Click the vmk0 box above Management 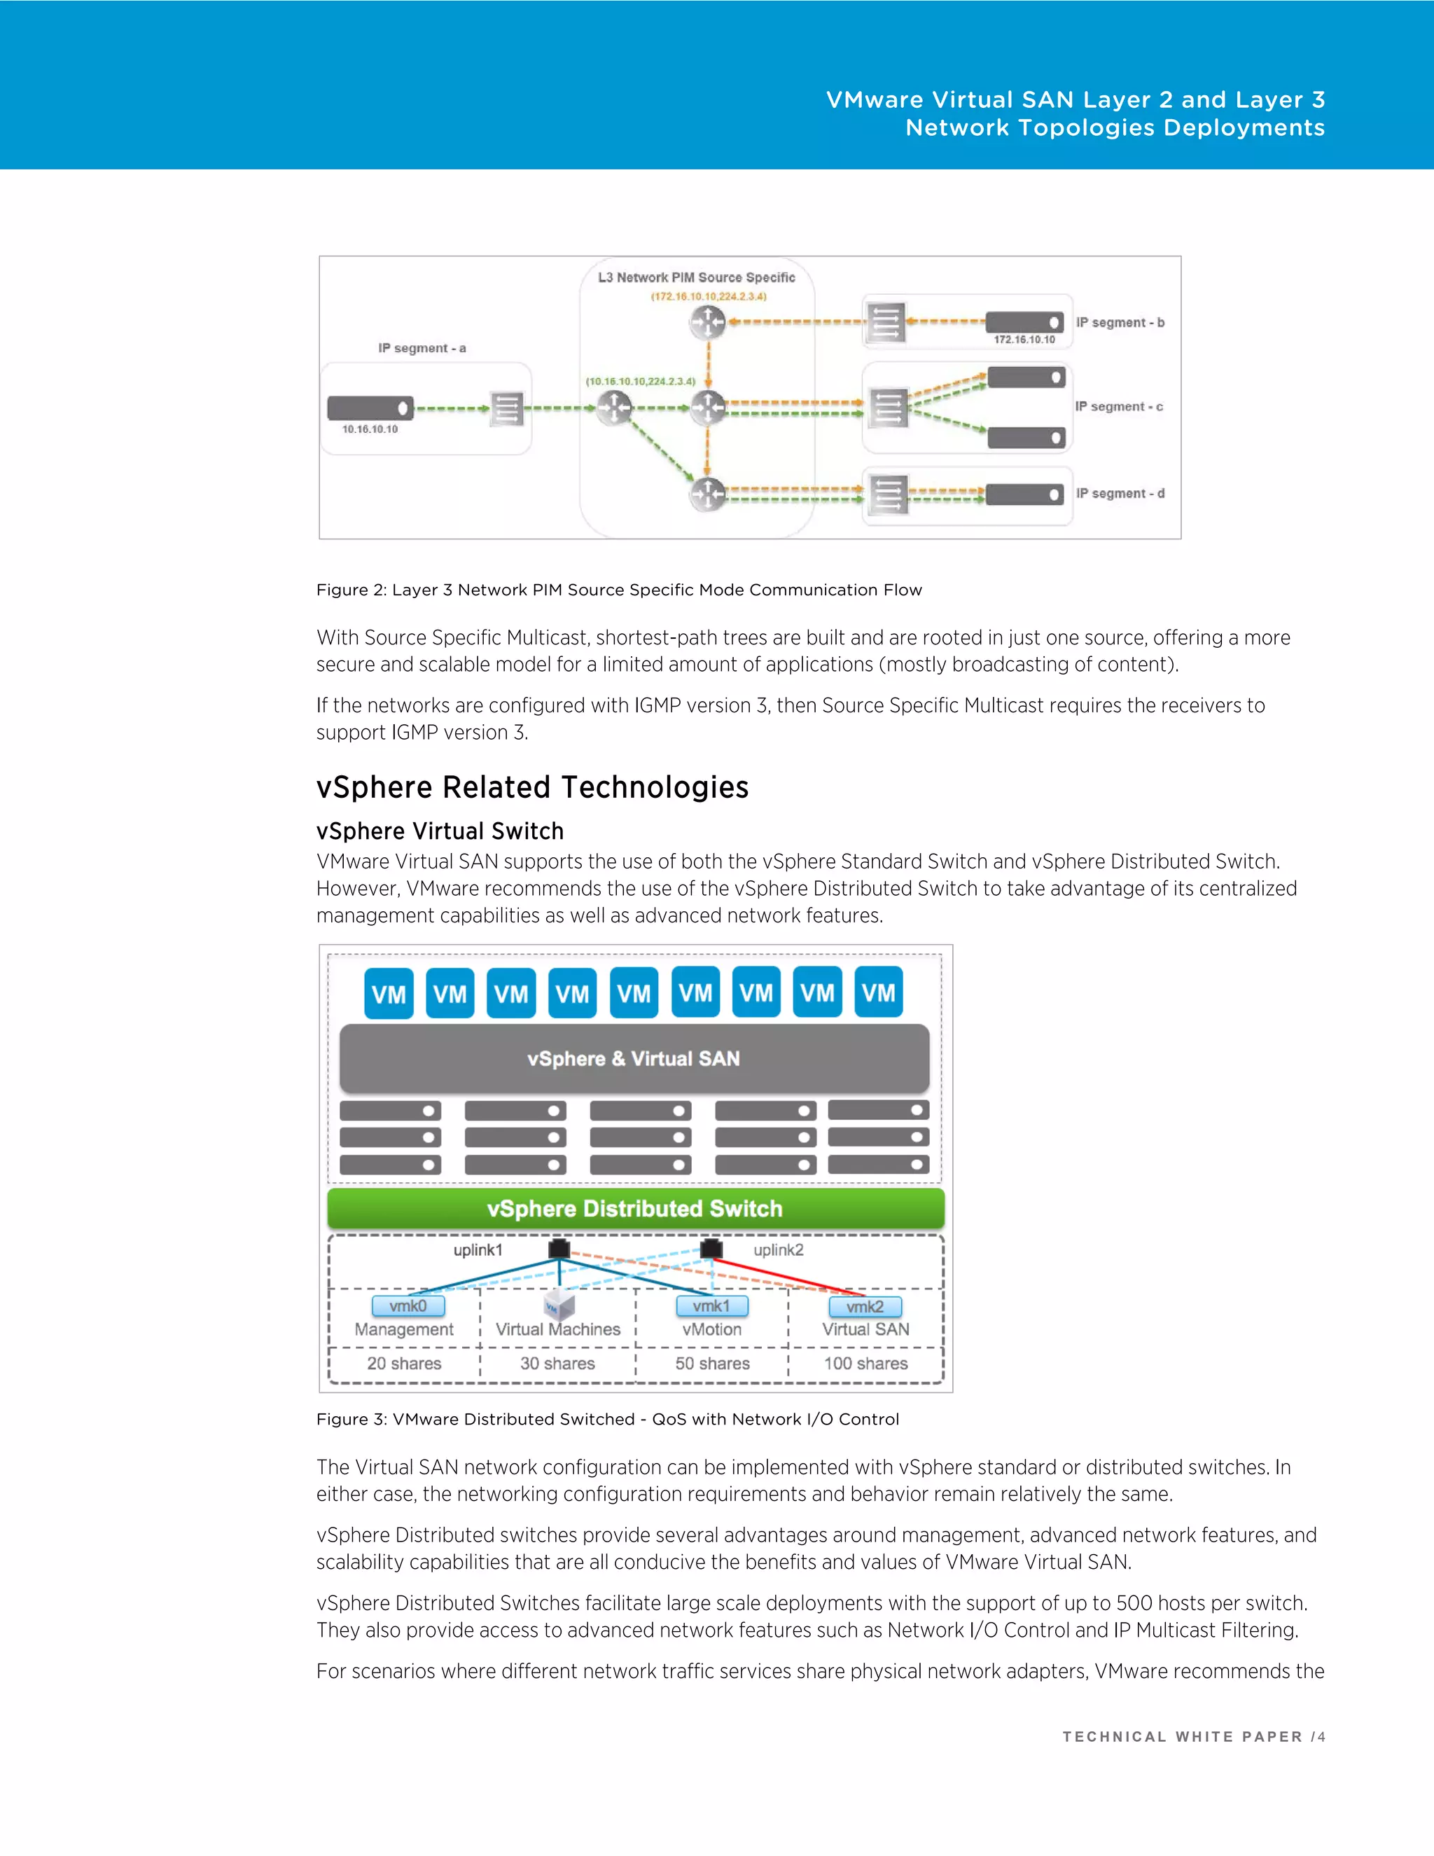408,1306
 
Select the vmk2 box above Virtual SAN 865,1306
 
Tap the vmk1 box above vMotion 712,1306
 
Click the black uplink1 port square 559,1248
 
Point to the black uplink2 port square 711,1248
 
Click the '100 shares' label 865,1363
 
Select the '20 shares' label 405,1363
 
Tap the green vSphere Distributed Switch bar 636,1208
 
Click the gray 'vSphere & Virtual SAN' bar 634,1058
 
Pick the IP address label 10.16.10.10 370,429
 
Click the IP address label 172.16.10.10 1024,339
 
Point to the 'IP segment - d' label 1120,493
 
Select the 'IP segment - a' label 422,347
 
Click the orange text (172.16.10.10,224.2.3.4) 709,296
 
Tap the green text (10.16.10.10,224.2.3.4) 641,381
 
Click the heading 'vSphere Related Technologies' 532,787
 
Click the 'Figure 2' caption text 618,590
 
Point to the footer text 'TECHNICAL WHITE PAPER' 1182,1737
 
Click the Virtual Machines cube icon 558,1306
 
